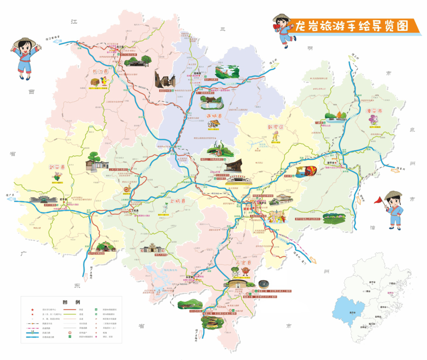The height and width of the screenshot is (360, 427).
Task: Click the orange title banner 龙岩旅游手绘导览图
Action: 352,26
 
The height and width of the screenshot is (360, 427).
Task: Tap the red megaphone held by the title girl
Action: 277,26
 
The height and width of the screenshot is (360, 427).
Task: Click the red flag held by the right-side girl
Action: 379,200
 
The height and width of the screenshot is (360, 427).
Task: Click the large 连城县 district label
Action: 214,116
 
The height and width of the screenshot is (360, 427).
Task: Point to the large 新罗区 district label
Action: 276,128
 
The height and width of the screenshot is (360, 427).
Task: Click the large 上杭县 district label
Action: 178,202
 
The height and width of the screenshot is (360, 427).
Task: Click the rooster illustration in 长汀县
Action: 104,82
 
